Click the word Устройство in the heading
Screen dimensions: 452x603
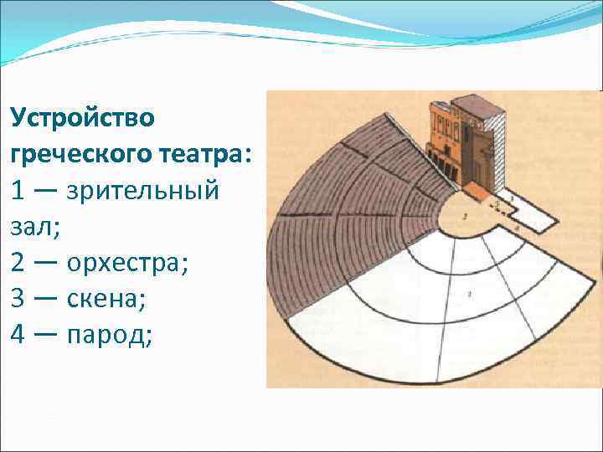click(83, 117)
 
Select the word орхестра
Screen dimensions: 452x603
click(125, 263)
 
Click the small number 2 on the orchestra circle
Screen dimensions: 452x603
click(465, 217)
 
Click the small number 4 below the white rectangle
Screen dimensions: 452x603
click(518, 228)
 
